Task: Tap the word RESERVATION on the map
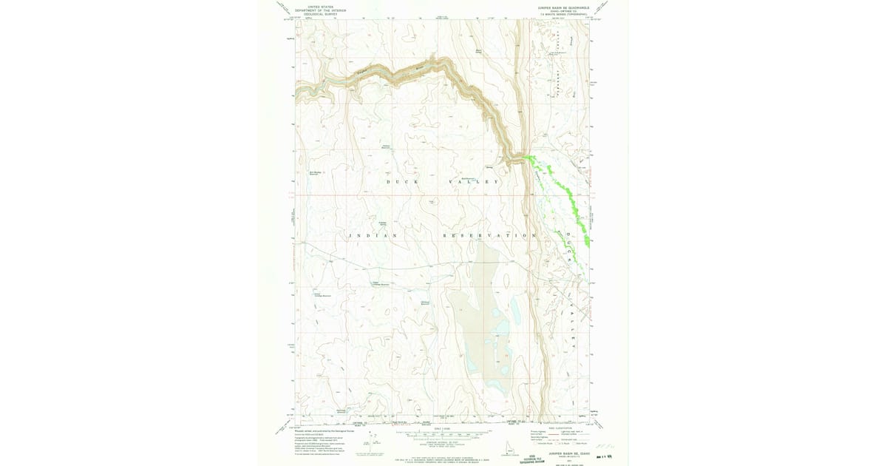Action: click(489, 235)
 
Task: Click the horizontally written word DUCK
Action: click(403, 181)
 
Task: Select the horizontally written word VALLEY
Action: click(474, 181)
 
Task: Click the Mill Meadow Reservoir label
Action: click(314, 173)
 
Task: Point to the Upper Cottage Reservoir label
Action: click(380, 283)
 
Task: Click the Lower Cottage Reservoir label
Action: click(322, 294)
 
